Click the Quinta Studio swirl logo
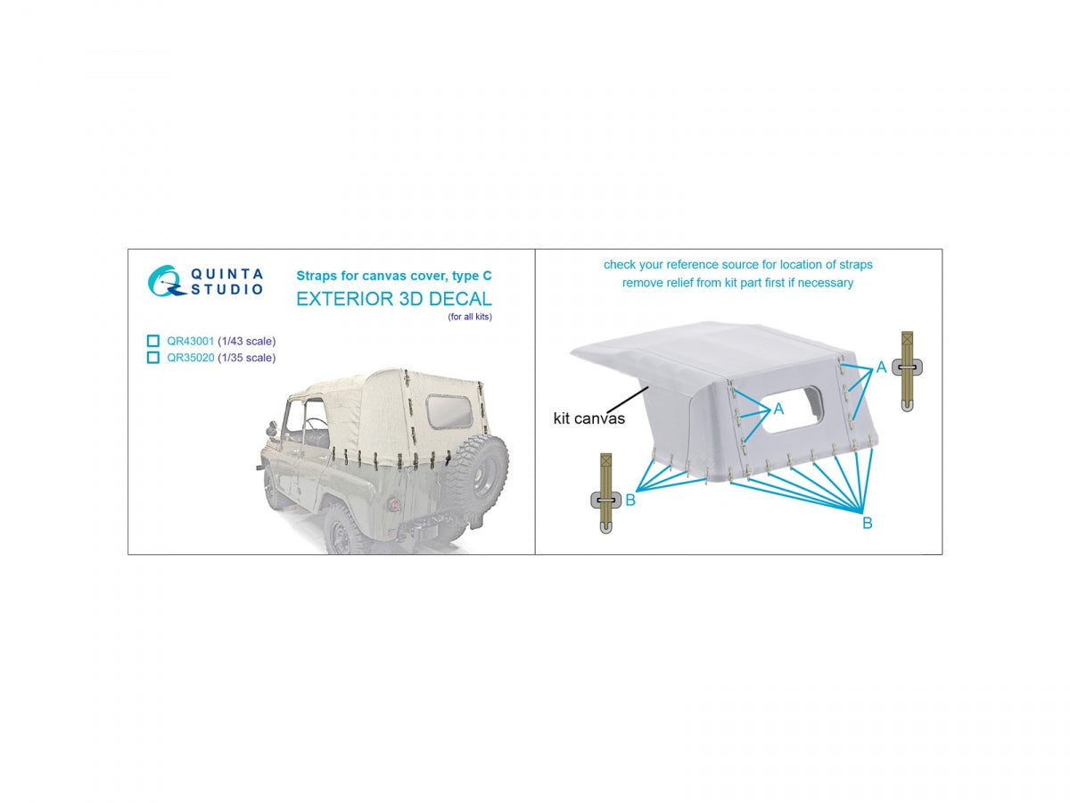165,280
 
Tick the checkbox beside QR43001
152,341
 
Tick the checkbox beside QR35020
152,358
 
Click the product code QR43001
190,341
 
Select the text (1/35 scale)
246,358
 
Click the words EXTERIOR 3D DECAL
393,298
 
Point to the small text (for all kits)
469,317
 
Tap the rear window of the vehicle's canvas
449,411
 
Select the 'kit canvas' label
588,418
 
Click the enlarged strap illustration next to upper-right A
906,371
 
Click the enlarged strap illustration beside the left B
605,493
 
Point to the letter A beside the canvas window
778,409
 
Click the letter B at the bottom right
867,523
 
